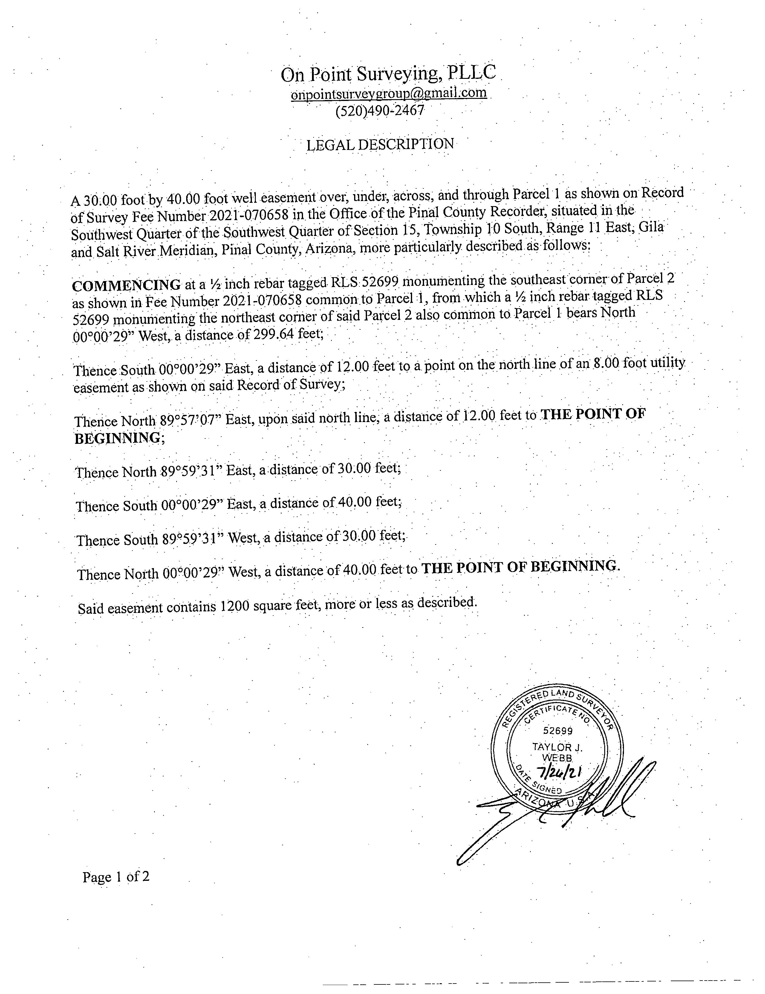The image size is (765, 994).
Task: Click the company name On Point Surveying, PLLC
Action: coord(388,74)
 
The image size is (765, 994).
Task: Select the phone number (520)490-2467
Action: coord(379,111)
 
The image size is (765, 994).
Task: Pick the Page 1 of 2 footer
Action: coord(116,876)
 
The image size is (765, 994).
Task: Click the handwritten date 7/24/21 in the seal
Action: coord(559,772)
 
